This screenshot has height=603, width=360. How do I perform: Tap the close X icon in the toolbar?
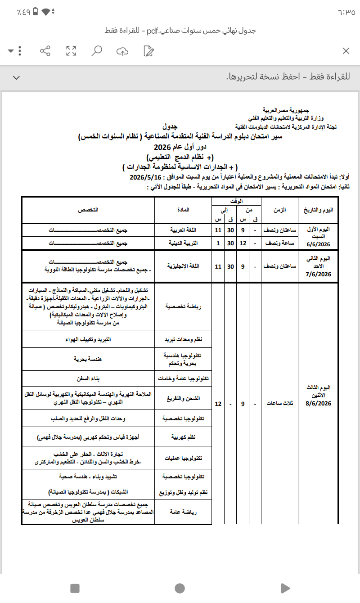click(x=346, y=51)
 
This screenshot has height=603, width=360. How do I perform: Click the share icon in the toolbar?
click(x=45, y=51)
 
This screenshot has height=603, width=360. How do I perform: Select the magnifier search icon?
click(x=96, y=51)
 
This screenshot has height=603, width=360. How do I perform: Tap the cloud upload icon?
click(x=122, y=51)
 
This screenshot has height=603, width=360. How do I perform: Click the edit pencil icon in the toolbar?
click(x=148, y=51)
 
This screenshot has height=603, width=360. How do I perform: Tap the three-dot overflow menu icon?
click(x=20, y=51)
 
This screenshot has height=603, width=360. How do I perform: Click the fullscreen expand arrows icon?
click(x=71, y=51)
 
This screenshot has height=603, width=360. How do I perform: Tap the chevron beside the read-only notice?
click(x=16, y=77)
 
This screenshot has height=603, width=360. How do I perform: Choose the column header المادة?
click(x=184, y=210)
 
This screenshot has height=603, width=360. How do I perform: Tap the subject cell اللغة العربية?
click(x=183, y=230)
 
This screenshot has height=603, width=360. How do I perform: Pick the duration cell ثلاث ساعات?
click(x=279, y=404)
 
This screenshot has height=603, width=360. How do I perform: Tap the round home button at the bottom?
click(x=180, y=588)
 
